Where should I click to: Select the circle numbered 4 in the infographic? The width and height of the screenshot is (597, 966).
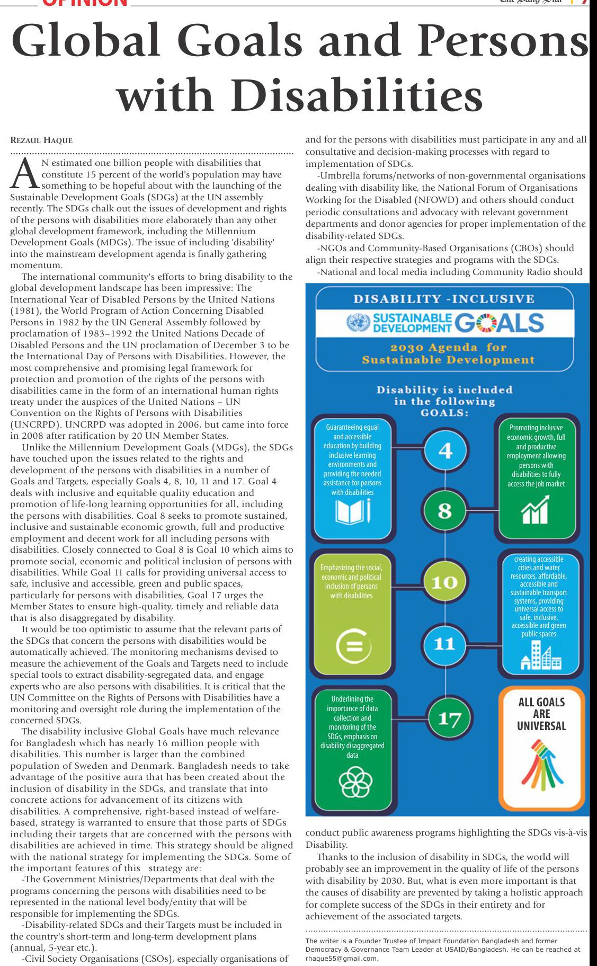(445, 451)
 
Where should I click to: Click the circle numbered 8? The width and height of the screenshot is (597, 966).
(445, 511)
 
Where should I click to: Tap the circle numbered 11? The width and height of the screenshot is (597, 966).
(444, 644)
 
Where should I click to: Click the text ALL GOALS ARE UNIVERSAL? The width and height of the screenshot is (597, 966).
(541, 714)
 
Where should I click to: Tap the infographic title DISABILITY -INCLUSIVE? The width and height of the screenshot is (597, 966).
(444, 299)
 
